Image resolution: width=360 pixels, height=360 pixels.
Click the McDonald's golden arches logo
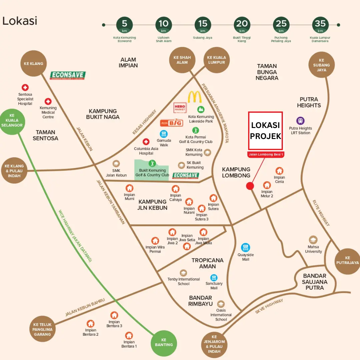coord(195,97)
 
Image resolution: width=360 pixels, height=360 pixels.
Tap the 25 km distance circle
coord(281,25)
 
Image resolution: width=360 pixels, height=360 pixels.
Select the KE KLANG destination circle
coord(33,63)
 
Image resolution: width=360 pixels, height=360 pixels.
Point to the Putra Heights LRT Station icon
coord(300,121)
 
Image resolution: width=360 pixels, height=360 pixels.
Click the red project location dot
coord(250,186)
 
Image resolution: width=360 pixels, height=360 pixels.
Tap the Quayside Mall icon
coord(246,247)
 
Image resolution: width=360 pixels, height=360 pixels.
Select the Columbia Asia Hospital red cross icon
coord(146,142)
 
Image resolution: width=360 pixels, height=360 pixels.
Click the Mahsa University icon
coord(313,240)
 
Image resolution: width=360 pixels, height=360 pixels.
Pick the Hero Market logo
coord(180,108)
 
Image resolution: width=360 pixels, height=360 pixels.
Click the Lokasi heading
coord(20,21)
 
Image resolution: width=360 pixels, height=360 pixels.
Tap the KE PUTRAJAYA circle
coord(347,260)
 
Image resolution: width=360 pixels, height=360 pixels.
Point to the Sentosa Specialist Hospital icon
coord(25,88)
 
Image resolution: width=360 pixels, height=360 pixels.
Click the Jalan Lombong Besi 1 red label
coord(266,154)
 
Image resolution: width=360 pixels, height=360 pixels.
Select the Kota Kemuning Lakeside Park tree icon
coord(201,109)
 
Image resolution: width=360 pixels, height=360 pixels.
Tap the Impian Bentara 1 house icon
coord(129,336)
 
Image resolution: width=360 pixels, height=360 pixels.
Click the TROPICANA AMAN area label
coord(207,263)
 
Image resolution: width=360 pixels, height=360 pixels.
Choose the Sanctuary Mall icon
coord(214,278)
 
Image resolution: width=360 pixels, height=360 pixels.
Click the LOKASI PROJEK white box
coord(266,131)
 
